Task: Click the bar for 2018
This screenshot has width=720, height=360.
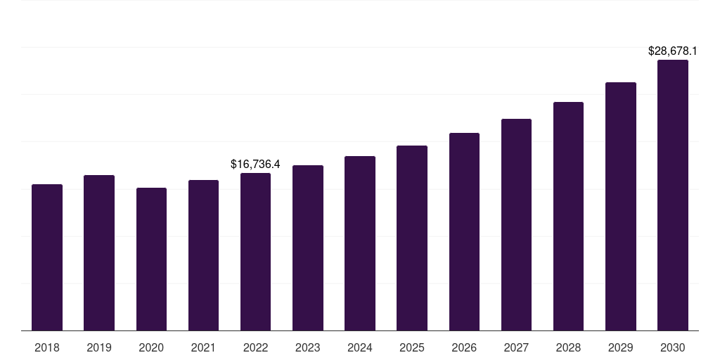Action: click(47, 257)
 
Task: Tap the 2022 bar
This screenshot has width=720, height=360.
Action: click(255, 252)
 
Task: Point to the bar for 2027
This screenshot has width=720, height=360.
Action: click(516, 224)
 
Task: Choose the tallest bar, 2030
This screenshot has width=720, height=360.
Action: click(673, 195)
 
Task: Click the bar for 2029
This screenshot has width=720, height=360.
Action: click(621, 206)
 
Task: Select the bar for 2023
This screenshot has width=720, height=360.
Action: click(308, 247)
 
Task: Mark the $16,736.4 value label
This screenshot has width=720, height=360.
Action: click(255, 165)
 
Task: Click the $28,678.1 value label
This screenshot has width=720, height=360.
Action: click(673, 51)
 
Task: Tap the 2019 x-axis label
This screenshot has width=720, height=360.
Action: click(99, 347)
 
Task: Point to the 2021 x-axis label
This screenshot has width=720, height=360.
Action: click(203, 347)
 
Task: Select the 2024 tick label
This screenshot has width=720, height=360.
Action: click(360, 347)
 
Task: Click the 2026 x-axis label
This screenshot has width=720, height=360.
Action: click(464, 347)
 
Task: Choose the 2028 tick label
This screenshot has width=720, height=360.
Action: click(568, 347)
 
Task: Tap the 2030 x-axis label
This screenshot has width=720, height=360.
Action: click(673, 347)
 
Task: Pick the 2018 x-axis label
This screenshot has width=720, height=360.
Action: click(47, 347)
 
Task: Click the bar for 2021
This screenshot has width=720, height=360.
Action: click(203, 255)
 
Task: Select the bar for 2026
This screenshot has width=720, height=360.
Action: click(464, 231)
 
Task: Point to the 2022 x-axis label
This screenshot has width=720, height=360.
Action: click(255, 347)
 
